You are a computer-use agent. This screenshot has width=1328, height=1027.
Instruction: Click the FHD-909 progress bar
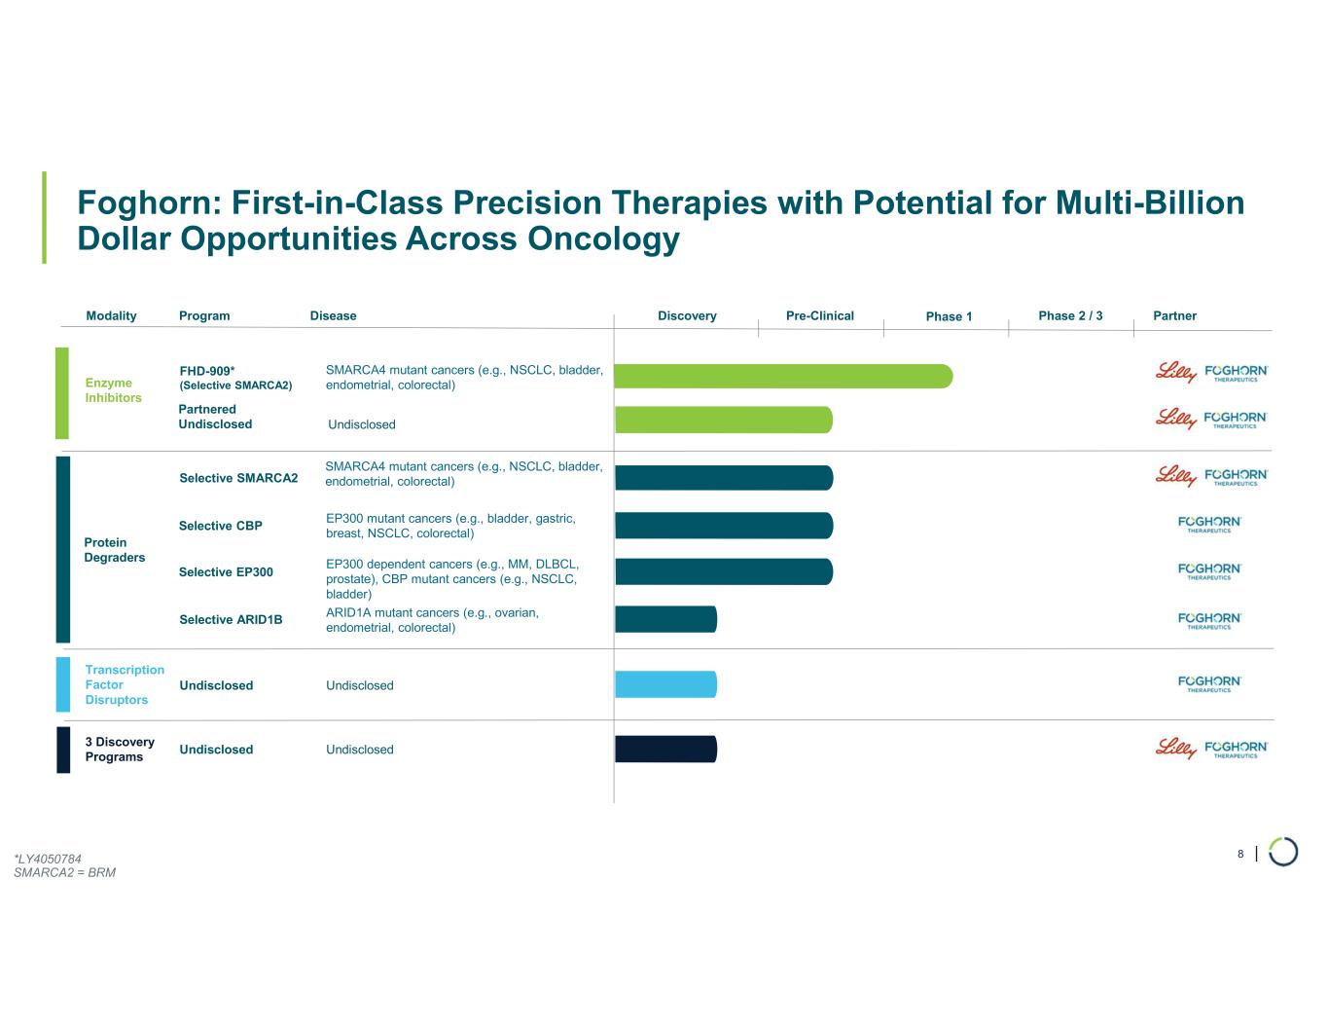coord(783,376)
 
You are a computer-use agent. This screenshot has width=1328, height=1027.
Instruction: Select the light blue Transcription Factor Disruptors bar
coord(665,684)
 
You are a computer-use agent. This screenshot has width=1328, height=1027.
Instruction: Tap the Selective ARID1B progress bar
coord(665,619)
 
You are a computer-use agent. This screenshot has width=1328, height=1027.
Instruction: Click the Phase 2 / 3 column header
coord(1070,315)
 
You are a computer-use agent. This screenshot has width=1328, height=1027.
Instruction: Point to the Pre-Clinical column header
coord(819,315)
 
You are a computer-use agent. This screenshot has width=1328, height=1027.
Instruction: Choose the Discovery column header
coord(687,315)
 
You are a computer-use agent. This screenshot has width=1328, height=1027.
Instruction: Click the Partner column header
coord(1174,315)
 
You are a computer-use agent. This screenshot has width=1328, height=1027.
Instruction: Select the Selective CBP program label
coord(221,526)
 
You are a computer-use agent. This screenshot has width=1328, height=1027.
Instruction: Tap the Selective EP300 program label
coord(226,572)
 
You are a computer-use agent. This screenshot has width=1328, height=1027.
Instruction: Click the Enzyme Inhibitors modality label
coord(113,390)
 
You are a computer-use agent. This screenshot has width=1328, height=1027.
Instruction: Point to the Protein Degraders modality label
coord(115,550)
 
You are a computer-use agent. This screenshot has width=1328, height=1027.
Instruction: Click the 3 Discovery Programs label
coord(119,750)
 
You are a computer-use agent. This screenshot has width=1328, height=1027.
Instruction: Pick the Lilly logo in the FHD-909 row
coord(1175,372)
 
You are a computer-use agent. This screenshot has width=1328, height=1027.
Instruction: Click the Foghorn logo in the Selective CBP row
coord(1209,524)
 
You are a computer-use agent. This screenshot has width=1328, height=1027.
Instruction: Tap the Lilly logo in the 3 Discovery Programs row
coord(1175,748)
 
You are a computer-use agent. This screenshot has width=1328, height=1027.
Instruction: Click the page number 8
coord(1240,854)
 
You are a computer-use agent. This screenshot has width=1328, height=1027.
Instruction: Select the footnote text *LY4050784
coord(48,859)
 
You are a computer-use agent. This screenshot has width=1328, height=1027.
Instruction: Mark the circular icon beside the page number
coord(1283,852)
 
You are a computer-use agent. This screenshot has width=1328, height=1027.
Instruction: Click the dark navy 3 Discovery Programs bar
coord(665,750)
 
